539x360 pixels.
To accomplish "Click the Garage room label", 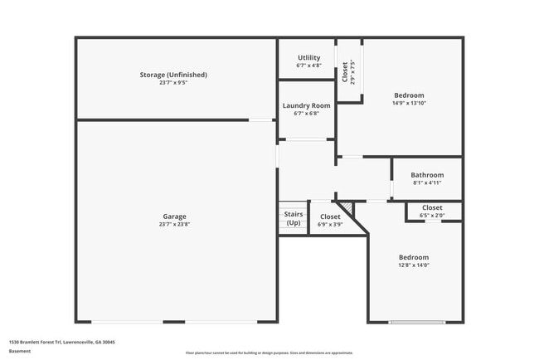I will pyautogui.click(x=174, y=216).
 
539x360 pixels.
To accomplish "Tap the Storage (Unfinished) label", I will pyautogui.click(x=173, y=75).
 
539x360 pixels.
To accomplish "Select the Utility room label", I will pyautogui.click(x=308, y=57).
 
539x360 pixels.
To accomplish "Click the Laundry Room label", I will pyautogui.click(x=306, y=105).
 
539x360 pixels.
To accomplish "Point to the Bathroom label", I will pyautogui.click(x=427, y=175).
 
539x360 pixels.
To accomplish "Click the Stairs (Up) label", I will pyautogui.click(x=293, y=218).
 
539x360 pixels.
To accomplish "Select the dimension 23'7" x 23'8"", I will pyautogui.click(x=174, y=225).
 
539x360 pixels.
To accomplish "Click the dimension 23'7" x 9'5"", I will pyautogui.click(x=173, y=83).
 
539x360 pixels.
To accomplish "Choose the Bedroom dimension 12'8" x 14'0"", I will pyautogui.click(x=413, y=265).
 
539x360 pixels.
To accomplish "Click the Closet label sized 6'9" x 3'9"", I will pyautogui.click(x=330, y=216).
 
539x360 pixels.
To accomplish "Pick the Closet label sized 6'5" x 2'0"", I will pyautogui.click(x=432, y=207).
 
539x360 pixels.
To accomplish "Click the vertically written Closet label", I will pyautogui.click(x=345, y=72).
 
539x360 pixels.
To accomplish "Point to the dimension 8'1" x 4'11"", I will pyautogui.click(x=427, y=183).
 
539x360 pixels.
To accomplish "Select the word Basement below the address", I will pyautogui.click(x=20, y=351).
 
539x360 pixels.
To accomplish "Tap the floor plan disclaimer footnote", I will pyautogui.click(x=269, y=353).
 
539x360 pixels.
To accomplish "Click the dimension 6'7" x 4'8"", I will pyautogui.click(x=308, y=66).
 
